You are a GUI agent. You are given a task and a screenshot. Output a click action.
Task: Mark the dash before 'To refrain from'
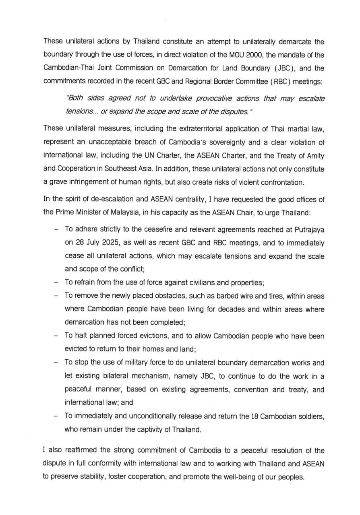[x=56, y=282]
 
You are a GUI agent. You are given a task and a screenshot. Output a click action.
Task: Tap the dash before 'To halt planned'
[x=56, y=336]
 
